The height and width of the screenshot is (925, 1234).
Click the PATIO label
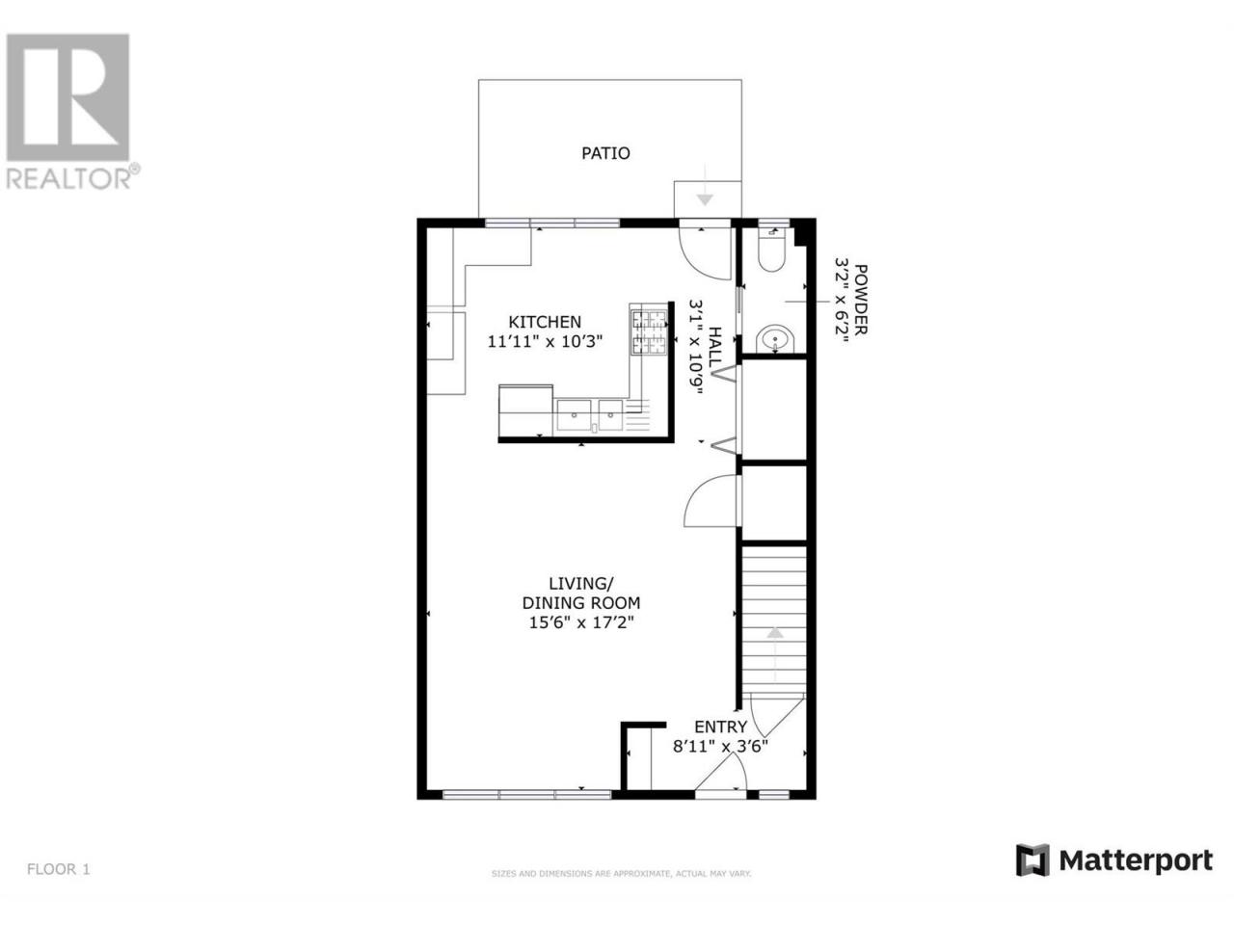605,153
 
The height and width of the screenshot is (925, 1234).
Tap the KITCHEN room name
545,322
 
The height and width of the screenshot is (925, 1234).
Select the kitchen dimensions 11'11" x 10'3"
545,341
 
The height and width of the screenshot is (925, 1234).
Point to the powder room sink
775,338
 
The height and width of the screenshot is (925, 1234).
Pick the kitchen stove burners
649,332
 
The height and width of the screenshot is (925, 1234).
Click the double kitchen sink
590,415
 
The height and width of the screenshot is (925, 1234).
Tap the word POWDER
860,300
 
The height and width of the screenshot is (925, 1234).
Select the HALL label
715,347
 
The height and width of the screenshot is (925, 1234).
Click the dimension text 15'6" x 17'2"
581,622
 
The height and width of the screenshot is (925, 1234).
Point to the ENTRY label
720,727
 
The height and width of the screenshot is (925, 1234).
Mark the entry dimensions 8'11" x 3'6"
720,747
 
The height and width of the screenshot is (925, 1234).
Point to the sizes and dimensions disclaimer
621,889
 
